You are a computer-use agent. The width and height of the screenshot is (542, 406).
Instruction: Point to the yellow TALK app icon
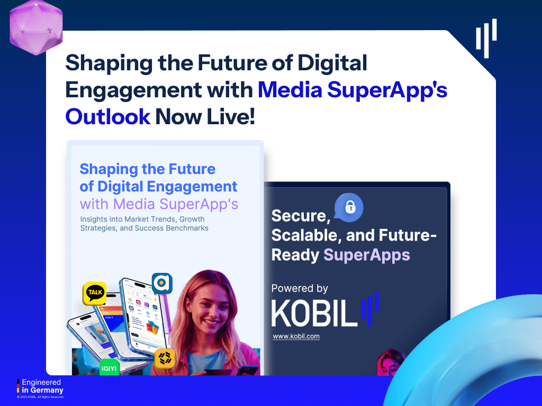point(95,294)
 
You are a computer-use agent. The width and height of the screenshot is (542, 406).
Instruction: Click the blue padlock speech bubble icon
point(349,207)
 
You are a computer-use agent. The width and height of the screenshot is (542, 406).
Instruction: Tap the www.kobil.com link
point(296,336)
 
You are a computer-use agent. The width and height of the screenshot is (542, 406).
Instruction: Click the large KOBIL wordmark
point(312,313)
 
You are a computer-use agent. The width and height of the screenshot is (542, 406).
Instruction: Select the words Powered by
point(300,288)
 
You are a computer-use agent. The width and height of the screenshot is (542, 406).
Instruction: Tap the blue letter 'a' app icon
point(162,283)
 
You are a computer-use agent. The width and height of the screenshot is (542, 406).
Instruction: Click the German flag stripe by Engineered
point(19,386)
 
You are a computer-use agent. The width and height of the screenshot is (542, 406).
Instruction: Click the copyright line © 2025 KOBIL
point(40,396)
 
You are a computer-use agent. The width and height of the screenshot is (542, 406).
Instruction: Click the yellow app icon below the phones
point(165,359)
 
